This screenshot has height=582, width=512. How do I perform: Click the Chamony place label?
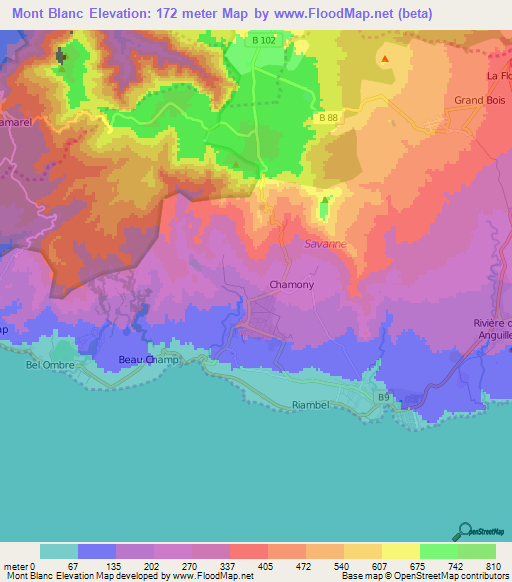(x=292, y=285)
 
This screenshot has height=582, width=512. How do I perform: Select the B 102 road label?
(x=265, y=41)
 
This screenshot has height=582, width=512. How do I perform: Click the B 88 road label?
(x=329, y=118)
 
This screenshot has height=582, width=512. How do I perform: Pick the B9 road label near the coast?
(x=383, y=398)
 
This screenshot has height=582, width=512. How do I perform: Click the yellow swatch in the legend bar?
(x=400, y=551)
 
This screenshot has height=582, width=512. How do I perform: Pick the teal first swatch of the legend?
(x=59, y=551)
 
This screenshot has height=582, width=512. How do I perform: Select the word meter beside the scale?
(x=16, y=565)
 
